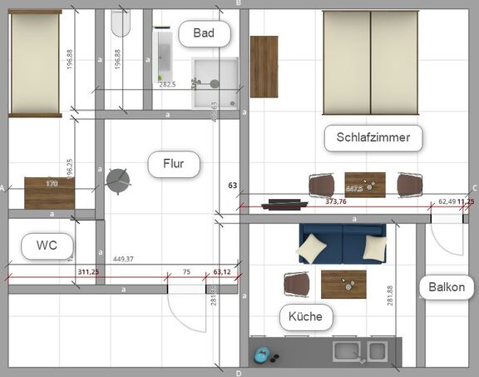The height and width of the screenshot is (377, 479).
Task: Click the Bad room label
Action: coord(204,33)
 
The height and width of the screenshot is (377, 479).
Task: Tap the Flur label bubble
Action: coord(175,164)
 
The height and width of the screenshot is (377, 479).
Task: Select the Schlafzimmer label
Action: coord(373,137)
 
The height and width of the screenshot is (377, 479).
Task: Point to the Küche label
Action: coord(305,316)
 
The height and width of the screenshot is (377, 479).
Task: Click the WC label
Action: coord(47,246)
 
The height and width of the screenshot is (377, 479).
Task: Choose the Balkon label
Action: coord(448,288)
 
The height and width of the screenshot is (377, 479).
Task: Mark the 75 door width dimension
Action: coord(186,271)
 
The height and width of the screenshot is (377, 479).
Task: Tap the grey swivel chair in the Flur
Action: coord(118,179)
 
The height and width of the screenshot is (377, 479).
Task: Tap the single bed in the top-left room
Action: coord(35,62)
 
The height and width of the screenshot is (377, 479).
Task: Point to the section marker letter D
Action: coord(239,373)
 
